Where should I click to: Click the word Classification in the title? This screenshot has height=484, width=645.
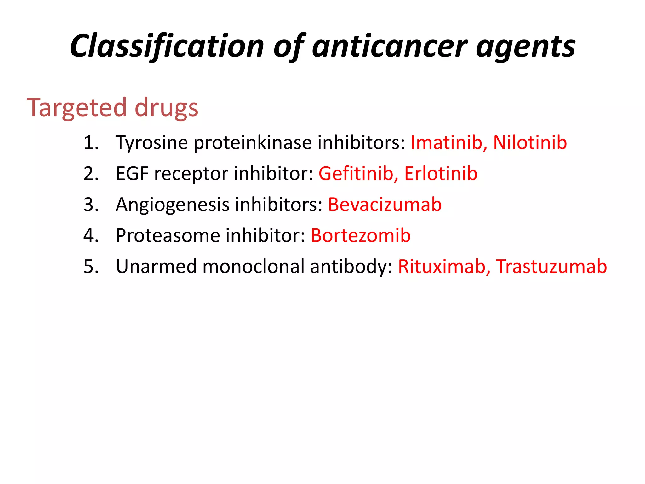[167, 46]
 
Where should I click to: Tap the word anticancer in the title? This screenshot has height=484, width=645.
[389, 46]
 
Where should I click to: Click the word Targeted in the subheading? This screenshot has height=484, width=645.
[77, 108]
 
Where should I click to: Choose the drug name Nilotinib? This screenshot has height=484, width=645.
[530, 142]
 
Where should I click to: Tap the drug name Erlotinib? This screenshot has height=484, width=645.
[441, 174]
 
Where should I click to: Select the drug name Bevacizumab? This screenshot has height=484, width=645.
[385, 205]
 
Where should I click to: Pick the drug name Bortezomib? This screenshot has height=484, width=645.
[361, 235]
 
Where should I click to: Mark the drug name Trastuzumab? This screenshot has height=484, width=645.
[551, 266]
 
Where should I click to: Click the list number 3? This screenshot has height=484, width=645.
[90, 205]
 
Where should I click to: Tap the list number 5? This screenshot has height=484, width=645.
[90, 267]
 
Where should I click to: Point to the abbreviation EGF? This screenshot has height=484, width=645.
[132, 174]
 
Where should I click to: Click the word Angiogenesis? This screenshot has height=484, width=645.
[173, 205]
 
